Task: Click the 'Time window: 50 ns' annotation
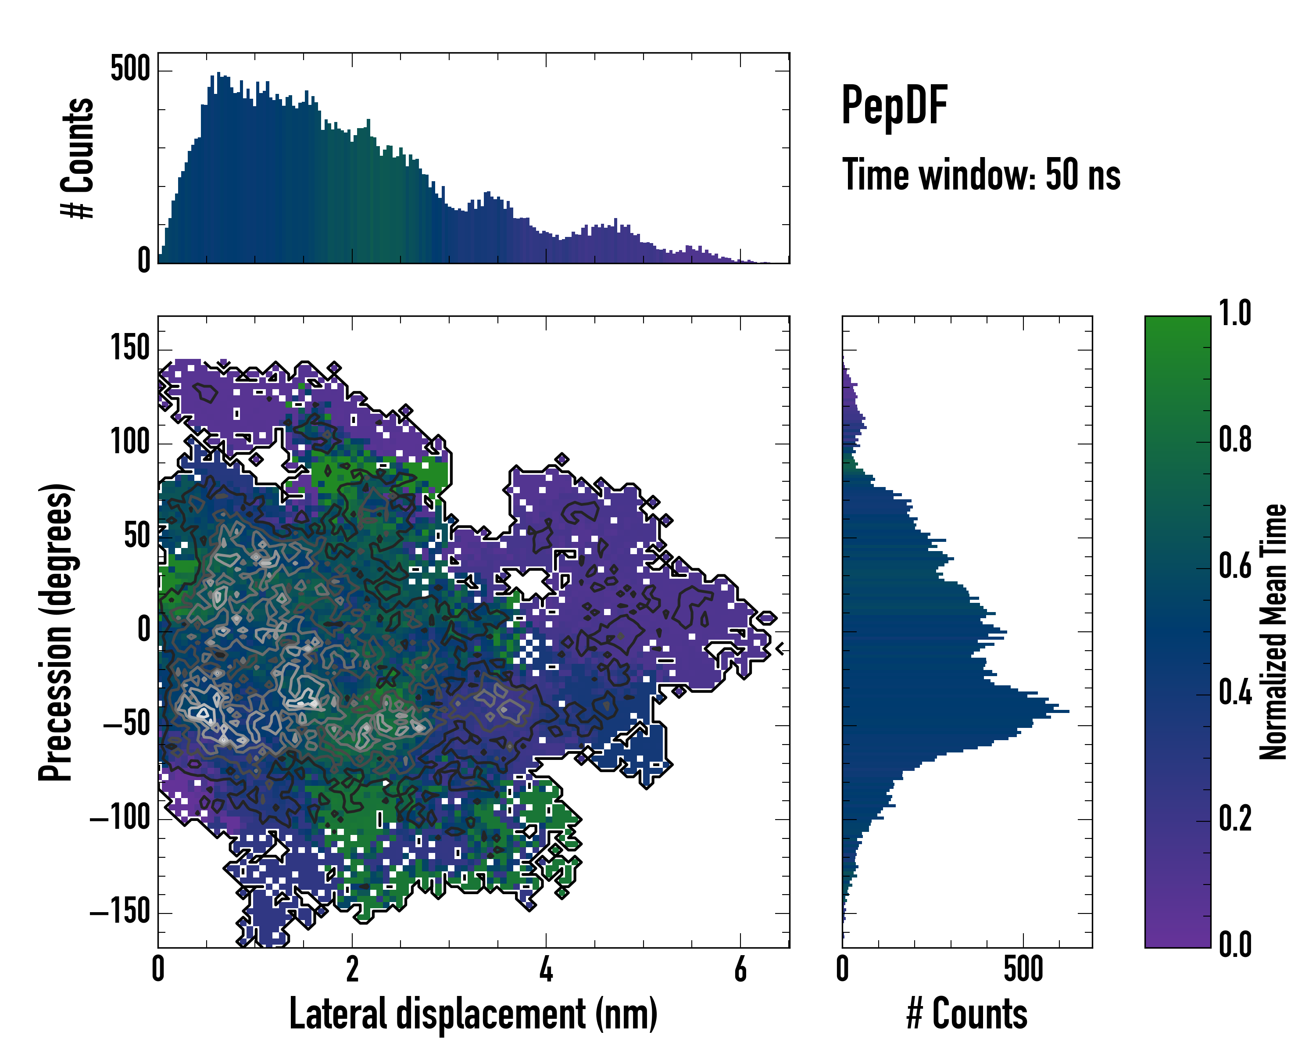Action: tap(981, 175)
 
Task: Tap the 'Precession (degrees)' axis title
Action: tap(56, 632)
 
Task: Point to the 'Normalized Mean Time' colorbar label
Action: tap(1273, 632)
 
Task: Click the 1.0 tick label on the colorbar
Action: tap(1235, 314)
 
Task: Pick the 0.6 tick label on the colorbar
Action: tap(1235, 566)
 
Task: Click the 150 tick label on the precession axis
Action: tap(130, 349)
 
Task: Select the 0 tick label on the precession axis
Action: tap(144, 630)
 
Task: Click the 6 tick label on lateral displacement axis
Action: tap(740, 969)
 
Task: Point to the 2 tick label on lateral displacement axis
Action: tap(352, 969)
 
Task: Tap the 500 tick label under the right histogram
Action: tap(1023, 969)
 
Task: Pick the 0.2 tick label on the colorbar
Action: tap(1235, 819)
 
